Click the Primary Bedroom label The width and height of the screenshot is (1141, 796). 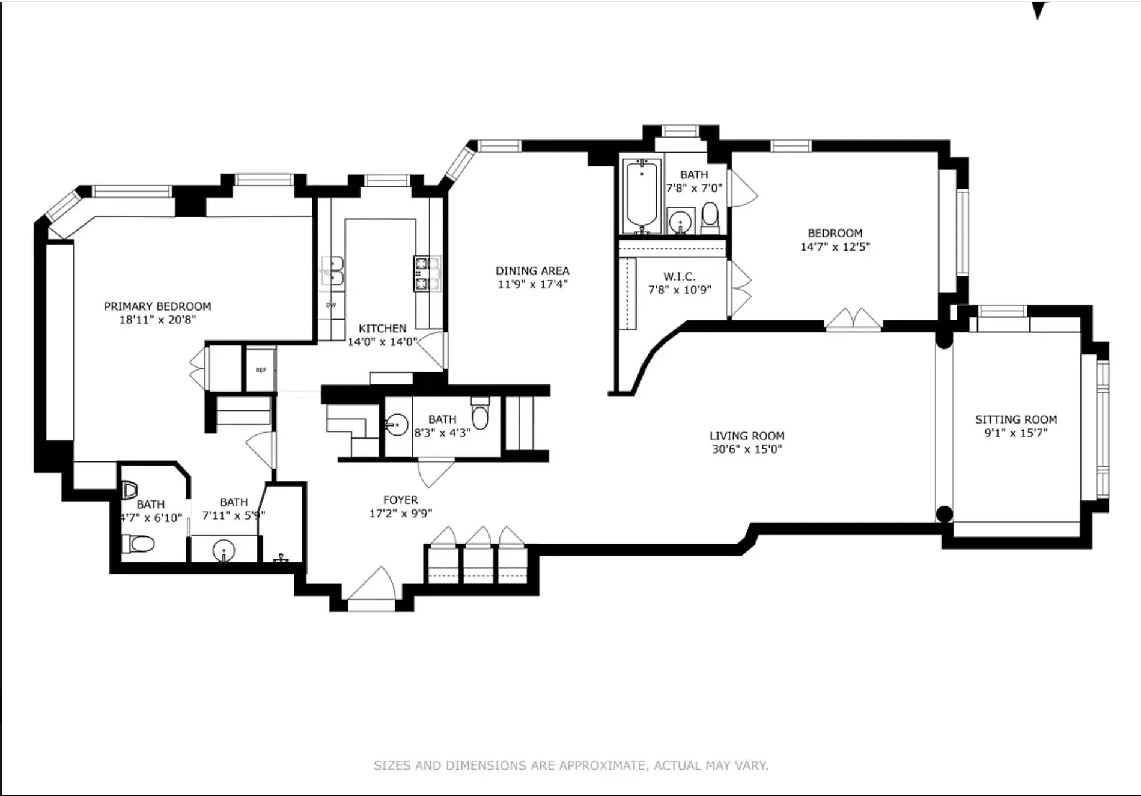click(x=157, y=306)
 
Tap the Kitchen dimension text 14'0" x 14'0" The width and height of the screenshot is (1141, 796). click(x=382, y=342)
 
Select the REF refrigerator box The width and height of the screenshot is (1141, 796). click(x=261, y=370)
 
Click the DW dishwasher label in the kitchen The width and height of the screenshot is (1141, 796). click(x=331, y=305)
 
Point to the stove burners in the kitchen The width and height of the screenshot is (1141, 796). click(x=427, y=273)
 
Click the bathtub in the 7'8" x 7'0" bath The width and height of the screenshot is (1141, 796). click(x=642, y=196)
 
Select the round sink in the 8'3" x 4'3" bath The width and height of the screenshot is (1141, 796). click(x=397, y=425)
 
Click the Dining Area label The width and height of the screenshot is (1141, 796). click(x=532, y=271)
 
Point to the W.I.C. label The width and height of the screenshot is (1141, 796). click(x=680, y=276)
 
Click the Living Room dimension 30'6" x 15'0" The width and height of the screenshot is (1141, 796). click(x=747, y=449)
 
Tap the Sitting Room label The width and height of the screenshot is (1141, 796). click(x=1015, y=419)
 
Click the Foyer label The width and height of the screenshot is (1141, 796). click(x=400, y=500)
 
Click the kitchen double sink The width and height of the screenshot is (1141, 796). click(x=332, y=271)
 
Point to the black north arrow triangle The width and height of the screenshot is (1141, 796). click(x=1038, y=10)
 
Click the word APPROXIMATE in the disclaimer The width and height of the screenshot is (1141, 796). click(x=603, y=765)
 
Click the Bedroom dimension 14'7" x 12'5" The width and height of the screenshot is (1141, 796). click(x=835, y=246)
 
